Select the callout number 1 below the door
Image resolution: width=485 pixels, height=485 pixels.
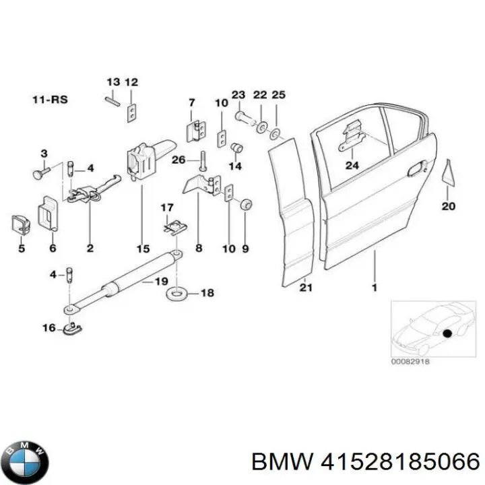[375, 288]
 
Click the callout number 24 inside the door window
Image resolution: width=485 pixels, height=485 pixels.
[352, 165]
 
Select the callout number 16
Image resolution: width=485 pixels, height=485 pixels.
[48, 328]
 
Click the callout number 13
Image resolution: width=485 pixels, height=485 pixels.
[112, 82]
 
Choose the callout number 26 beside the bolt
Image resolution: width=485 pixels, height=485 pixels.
[177, 160]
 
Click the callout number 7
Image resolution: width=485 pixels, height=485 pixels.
[191, 102]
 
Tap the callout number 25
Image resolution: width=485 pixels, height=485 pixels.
[278, 95]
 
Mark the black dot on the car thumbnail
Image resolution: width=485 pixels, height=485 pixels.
[446, 332]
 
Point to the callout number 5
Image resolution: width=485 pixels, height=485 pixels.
[21, 249]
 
